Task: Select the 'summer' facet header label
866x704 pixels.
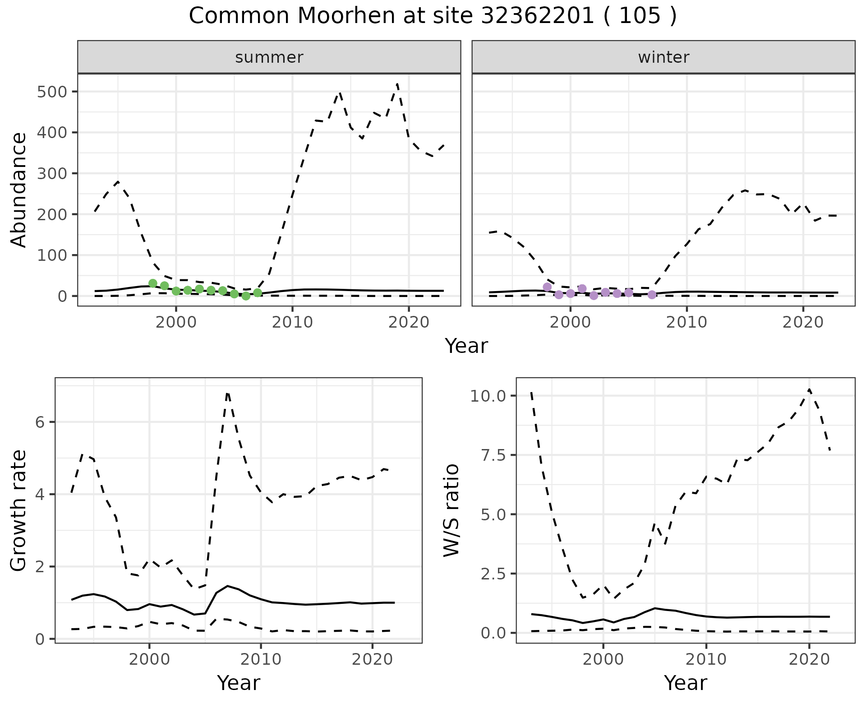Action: (x=269, y=57)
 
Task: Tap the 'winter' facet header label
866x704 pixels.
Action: (x=663, y=57)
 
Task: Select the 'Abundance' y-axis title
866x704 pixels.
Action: (x=19, y=190)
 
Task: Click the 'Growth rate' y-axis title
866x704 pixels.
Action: (x=19, y=510)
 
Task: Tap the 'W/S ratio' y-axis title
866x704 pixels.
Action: (x=451, y=510)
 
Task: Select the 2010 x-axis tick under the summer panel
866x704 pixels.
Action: (x=292, y=322)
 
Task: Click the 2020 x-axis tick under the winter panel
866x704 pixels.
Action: (x=803, y=322)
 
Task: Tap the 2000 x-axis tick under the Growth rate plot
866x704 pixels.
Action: (x=149, y=659)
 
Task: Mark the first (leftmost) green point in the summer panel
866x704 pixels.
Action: (x=153, y=283)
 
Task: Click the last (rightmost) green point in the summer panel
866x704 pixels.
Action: (x=258, y=293)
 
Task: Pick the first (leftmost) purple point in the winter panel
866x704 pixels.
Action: (x=548, y=287)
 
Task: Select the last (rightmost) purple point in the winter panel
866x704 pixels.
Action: (x=652, y=295)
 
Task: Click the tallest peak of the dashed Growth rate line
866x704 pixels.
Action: (x=228, y=393)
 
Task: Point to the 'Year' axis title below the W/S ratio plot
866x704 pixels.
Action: (x=685, y=683)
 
